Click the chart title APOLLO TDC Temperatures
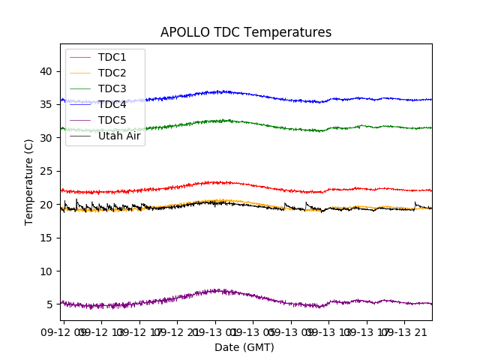(245, 32)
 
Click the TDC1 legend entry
(112, 57)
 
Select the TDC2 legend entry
(112, 73)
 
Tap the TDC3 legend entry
(112, 88)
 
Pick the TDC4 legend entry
(112, 104)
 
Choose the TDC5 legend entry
(112, 120)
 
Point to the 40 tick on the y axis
(46, 71)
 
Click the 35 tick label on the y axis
(46, 104)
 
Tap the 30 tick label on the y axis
(46, 138)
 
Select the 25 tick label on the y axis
(46, 171)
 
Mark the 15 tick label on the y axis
(46, 238)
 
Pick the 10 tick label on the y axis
(46, 271)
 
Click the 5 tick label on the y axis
(49, 304)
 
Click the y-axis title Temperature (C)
(29, 182)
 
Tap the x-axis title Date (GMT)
(244, 347)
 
